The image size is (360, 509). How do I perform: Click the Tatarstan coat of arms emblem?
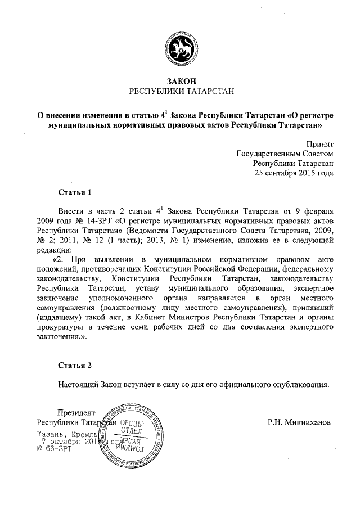pyautogui.click(x=180, y=46)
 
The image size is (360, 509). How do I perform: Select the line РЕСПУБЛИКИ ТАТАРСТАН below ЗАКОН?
pyautogui.click(x=180, y=91)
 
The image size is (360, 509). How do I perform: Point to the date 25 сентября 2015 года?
pyautogui.click(x=294, y=173)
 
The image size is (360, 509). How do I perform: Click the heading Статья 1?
pyautogui.click(x=75, y=193)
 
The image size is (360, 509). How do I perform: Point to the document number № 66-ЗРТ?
pyautogui.click(x=52, y=451)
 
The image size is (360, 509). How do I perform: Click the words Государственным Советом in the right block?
pyautogui.click(x=285, y=154)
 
